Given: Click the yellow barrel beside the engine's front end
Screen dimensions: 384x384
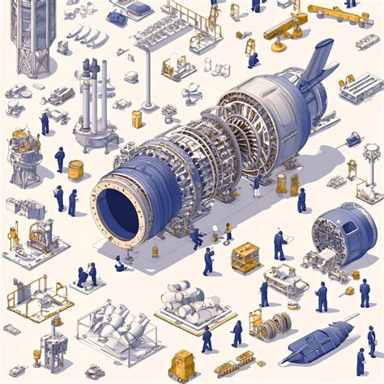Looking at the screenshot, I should pyautogui.click(x=75, y=169).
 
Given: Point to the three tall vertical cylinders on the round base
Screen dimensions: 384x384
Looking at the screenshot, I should pyautogui.click(x=95, y=101).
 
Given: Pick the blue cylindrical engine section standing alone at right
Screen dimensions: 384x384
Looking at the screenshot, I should pyautogui.click(x=346, y=228).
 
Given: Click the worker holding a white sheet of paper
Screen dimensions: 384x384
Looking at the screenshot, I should pyautogui.click(x=280, y=244).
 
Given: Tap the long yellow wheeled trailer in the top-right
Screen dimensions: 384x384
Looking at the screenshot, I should pyautogui.click(x=339, y=14).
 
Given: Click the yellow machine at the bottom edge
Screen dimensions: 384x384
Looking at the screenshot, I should pyautogui.click(x=183, y=365).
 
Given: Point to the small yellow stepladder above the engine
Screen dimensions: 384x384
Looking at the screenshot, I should pyautogui.click(x=250, y=47).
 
